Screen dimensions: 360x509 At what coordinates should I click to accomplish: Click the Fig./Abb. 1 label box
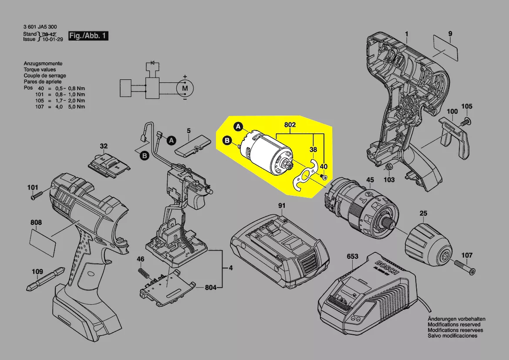pos(88,36)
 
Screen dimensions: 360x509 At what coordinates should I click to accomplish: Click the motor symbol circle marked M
pos(185,88)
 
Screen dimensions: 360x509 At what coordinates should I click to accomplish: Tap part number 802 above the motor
pos(290,125)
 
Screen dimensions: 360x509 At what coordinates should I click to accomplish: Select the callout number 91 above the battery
pos(282,205)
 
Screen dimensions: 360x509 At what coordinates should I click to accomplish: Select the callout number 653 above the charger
pos(352,257)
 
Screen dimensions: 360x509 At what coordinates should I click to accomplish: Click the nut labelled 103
pos(389,167)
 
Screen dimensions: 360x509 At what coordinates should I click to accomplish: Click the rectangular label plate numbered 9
pos(447,49)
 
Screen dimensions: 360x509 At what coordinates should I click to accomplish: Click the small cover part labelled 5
pos(192,146)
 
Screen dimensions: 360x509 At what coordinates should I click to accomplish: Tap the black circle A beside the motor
pos(238,127)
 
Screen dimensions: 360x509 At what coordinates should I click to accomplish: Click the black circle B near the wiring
pos(144,155)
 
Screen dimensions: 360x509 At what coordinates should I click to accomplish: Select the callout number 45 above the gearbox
pos(370,180)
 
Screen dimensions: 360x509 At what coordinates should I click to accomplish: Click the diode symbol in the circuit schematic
pos(153,63)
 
